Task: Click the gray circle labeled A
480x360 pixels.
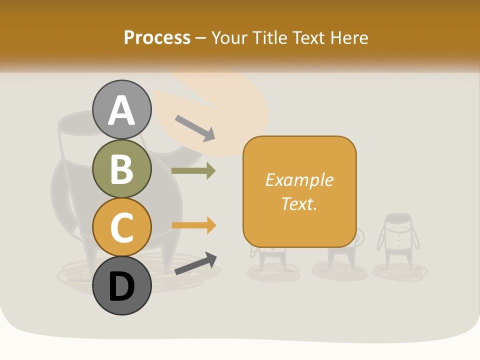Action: pos(122,109)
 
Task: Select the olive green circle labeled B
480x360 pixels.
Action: pos(122,168)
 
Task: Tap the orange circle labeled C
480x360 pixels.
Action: pos(122,227)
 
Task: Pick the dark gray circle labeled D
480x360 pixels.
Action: pos(122,285)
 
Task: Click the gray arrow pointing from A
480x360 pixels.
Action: pos(195,128)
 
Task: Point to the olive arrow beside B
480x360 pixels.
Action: pos(193,171)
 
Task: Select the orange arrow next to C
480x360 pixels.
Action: pos(193,225)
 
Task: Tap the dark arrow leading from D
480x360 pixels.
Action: pos(195,263)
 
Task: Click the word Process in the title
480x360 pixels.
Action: pos(157,37)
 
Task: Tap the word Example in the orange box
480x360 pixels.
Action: pos(299,180)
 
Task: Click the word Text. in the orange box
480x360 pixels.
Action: pos(299,203)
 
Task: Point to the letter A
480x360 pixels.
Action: pos(122,110)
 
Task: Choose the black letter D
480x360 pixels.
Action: pos(122,287)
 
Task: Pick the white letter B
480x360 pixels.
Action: pos(122,169)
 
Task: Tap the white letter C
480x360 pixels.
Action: pos(122,227)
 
